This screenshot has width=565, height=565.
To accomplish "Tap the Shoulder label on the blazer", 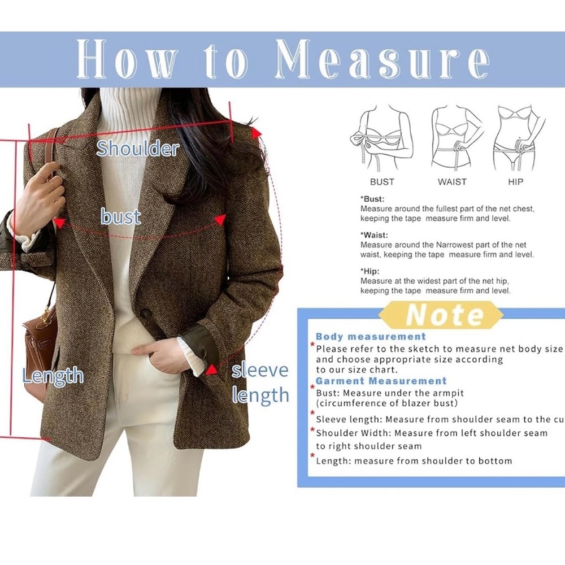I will click(x=137, y=149).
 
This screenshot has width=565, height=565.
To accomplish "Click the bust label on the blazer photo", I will click(x=120, y=216).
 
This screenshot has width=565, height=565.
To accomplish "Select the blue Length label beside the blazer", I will click(x=53, y=376).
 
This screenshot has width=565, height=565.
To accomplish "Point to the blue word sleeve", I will click(x=260, y=370).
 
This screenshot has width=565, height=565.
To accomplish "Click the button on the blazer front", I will click(x=146, y=314).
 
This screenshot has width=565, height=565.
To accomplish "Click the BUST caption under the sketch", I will click(x=382, y=182).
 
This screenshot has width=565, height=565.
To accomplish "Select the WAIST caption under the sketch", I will click(x=452, y=182).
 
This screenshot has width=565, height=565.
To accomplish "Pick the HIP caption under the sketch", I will click(x=515, y=182).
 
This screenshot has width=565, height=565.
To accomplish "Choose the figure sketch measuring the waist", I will click(x=455, y=138).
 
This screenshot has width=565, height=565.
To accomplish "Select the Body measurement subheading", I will click(x=371, y=337).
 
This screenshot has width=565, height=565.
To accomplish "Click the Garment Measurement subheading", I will click(x=381, y=381).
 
